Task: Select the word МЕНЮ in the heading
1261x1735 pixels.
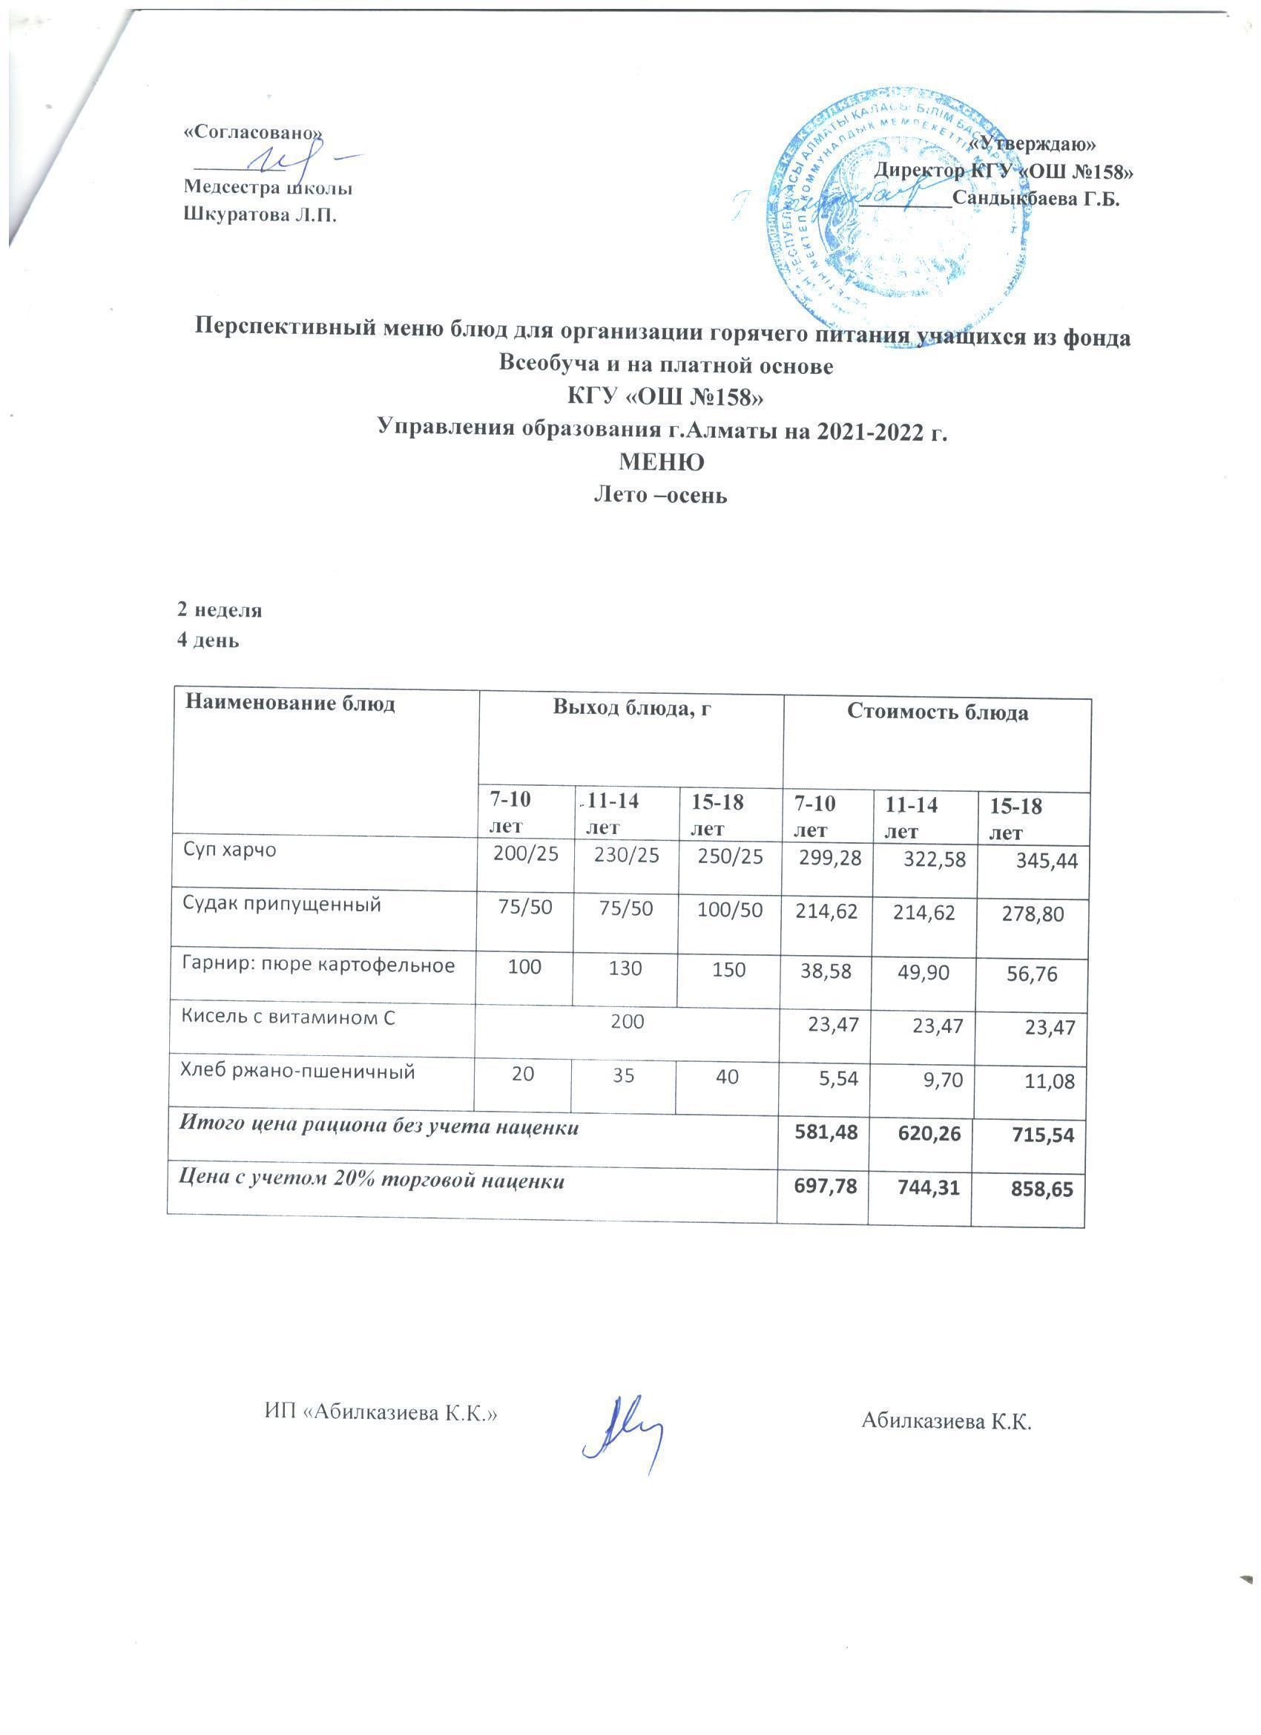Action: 661,463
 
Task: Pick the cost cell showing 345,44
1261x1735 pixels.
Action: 1046,862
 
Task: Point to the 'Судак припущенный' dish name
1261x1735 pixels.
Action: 281,905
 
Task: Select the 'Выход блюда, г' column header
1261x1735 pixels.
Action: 632,709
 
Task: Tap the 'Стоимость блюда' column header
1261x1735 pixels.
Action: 937,713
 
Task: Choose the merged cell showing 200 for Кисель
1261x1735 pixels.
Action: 627,1022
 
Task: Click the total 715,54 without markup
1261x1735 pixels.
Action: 1043,1135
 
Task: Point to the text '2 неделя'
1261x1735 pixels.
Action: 220,611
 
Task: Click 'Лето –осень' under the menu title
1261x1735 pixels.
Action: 661,496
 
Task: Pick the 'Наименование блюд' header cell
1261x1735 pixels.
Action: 292,703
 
